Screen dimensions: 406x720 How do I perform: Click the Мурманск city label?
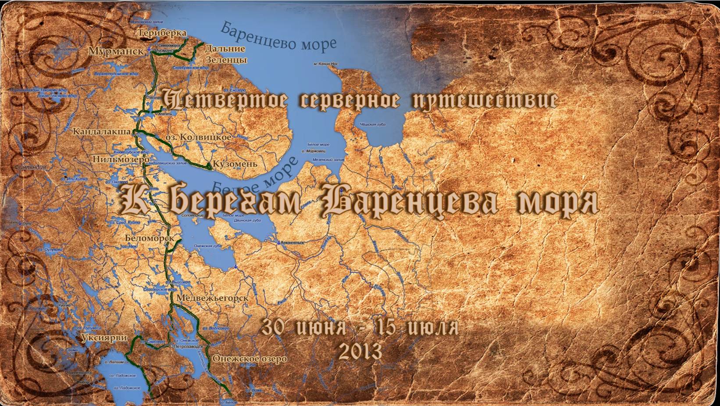116,51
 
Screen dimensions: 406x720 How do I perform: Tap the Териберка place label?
162,33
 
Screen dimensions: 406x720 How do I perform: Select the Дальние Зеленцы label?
225,54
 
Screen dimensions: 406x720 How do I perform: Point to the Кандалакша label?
102,131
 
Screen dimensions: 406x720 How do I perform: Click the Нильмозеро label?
121,159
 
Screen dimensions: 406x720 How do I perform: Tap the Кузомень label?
235,164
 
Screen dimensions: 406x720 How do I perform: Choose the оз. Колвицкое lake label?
198,137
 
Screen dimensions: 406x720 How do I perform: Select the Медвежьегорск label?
212,298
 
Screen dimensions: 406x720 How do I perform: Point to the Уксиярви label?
104,338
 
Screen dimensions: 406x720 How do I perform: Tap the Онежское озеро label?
250,359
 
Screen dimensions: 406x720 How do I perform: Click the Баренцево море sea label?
278,36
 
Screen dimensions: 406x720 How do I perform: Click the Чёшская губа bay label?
372,125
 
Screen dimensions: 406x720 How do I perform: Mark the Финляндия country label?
30,167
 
